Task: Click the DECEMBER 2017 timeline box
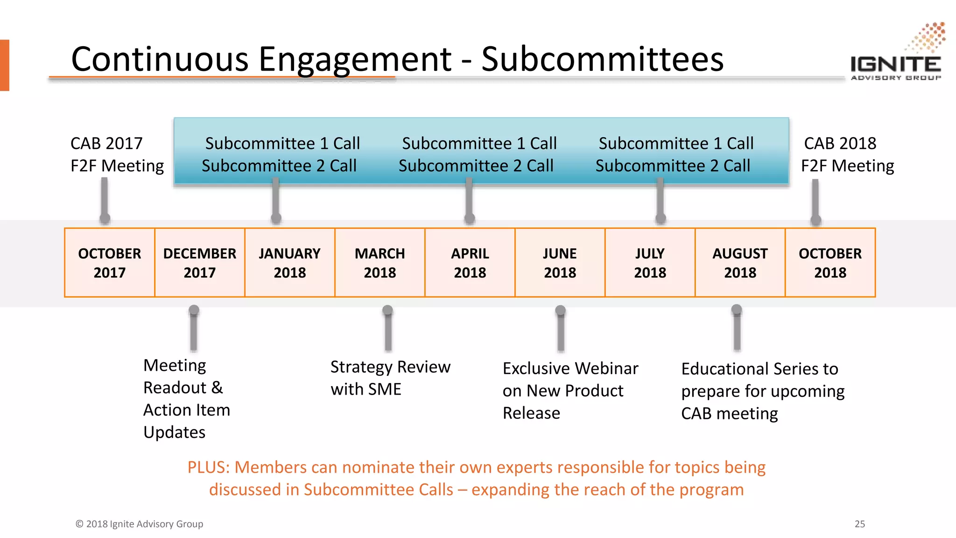200,262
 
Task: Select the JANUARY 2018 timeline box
290,262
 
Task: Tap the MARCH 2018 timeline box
380,262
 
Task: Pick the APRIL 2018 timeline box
470,262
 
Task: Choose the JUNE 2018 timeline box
560,262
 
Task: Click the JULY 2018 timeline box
650,262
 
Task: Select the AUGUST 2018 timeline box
740,262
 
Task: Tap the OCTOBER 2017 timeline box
110,262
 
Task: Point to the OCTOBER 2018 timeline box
830,262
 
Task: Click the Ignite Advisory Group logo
896,54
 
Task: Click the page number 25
860,524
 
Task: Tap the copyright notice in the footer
140,524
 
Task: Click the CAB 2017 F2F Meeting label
117,155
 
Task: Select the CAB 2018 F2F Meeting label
847,155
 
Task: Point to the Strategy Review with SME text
390,378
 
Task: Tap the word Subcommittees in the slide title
602,59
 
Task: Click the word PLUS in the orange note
208,467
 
